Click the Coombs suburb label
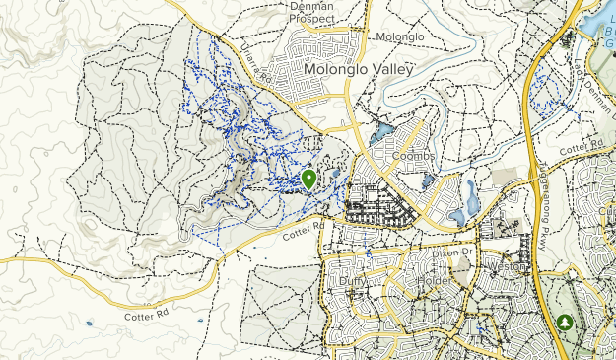click(x=413, y=156)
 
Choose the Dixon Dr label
click(x=453, y=253)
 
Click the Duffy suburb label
click(x=352, y=281)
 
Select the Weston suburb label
click(x=506, y=267)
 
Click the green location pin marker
click(x=308, y=180)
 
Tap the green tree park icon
click(x=564, y=323)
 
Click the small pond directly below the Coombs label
click(x=428, y=180)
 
